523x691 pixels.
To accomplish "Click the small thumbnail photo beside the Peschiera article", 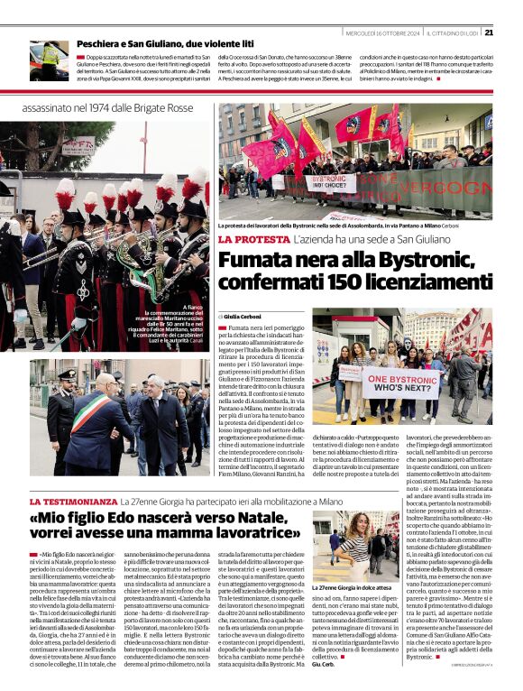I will [x=49, y=60].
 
